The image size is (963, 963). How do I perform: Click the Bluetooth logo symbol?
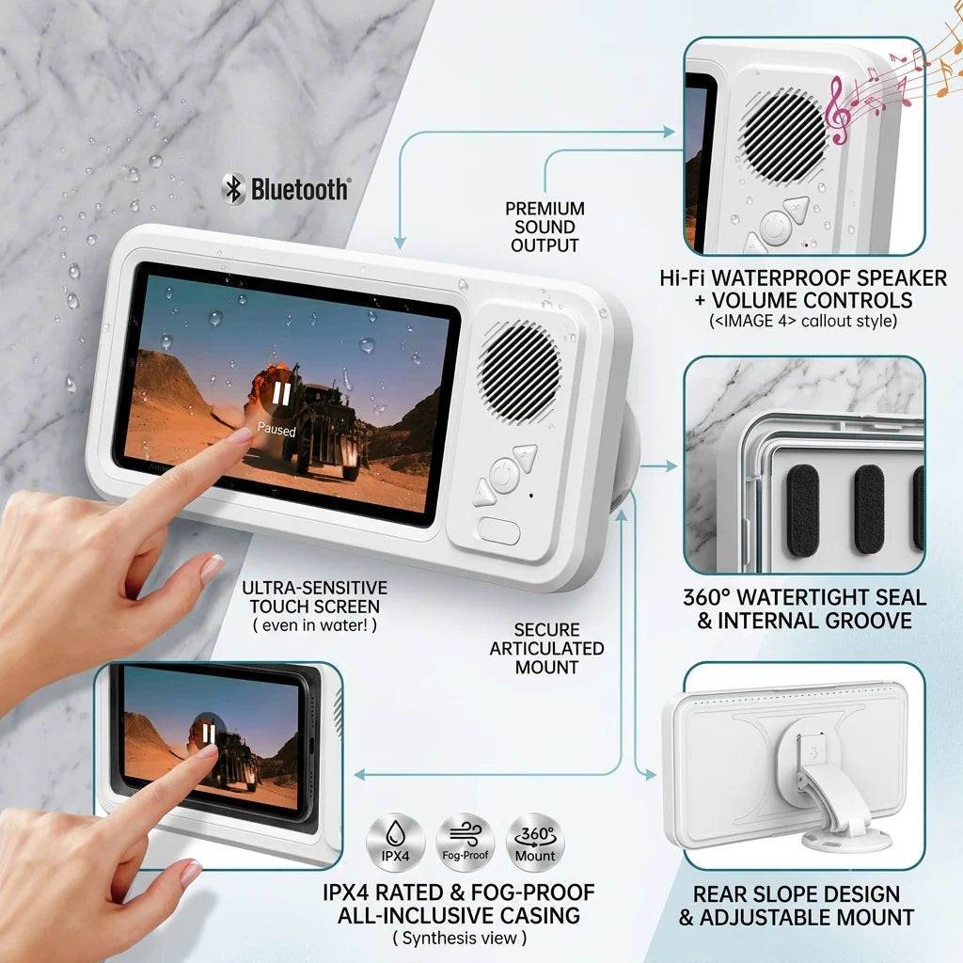click(233, 189)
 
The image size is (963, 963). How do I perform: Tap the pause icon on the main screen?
click(281, 394)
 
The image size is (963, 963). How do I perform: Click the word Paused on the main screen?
click(276, 429)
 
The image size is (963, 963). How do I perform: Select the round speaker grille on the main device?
click(519, 372)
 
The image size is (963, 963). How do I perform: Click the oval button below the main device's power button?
click(498, 530)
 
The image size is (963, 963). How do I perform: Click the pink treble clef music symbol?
click(837, 111)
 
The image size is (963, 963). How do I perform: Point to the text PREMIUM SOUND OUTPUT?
click(545, 227)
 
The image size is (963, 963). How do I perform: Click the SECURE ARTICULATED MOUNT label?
click(546, 649)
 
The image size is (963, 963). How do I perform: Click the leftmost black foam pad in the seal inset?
click(803, 509)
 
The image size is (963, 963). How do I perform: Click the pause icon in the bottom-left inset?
click(209, 734)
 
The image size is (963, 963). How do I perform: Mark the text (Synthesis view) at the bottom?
click(460, 939)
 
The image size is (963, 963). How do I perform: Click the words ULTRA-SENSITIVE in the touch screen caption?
click(314, 588)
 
